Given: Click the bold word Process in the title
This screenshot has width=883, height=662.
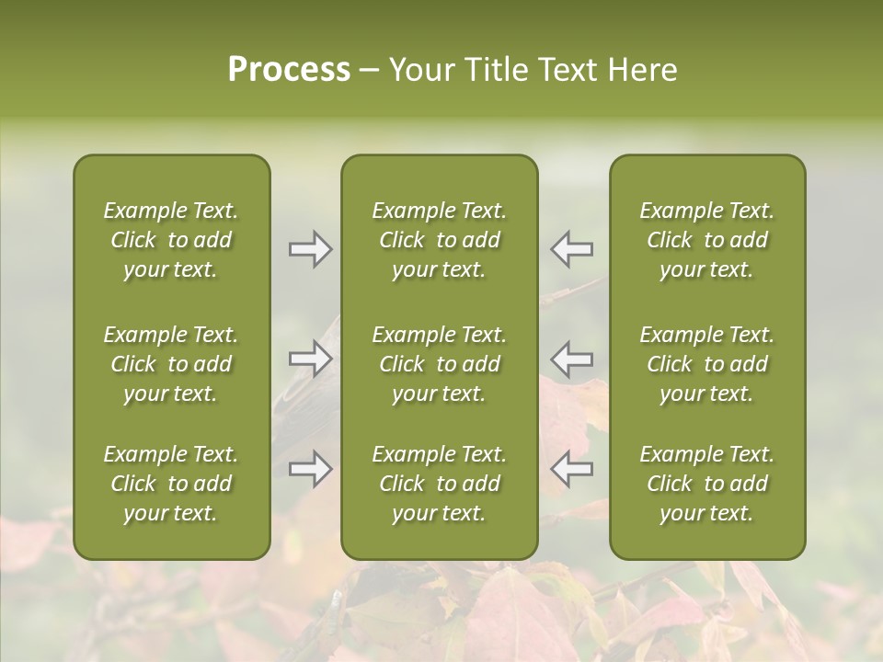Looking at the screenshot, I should click(289, 70).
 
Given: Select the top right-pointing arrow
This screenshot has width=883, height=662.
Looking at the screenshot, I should click(311, 249).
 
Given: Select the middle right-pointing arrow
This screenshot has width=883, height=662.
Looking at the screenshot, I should click(311, 358).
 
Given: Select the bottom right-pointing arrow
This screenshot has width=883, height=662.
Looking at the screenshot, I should click(311, 469).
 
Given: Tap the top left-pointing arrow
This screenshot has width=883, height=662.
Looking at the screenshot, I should click(572, 249).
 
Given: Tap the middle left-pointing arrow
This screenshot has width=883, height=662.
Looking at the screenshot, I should click(572, 358).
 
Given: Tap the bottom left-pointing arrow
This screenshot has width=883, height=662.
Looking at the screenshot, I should click(572, 469).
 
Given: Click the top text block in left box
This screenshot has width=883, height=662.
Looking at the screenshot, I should click(171, 240).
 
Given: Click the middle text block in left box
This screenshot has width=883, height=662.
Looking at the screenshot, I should click(171, 364).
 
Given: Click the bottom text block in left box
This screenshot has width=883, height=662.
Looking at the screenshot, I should click(171, 484).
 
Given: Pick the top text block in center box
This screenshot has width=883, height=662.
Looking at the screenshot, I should click(439, 240).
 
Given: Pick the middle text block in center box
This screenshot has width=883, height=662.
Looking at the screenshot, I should click(439, 364).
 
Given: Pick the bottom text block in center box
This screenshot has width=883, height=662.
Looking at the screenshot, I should click(439, 484).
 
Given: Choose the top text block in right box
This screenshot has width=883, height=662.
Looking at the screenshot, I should click(706, 240).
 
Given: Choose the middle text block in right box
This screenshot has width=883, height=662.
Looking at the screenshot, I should click(706, 364).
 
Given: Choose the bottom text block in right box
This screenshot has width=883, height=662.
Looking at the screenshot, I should click(706, 484).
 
